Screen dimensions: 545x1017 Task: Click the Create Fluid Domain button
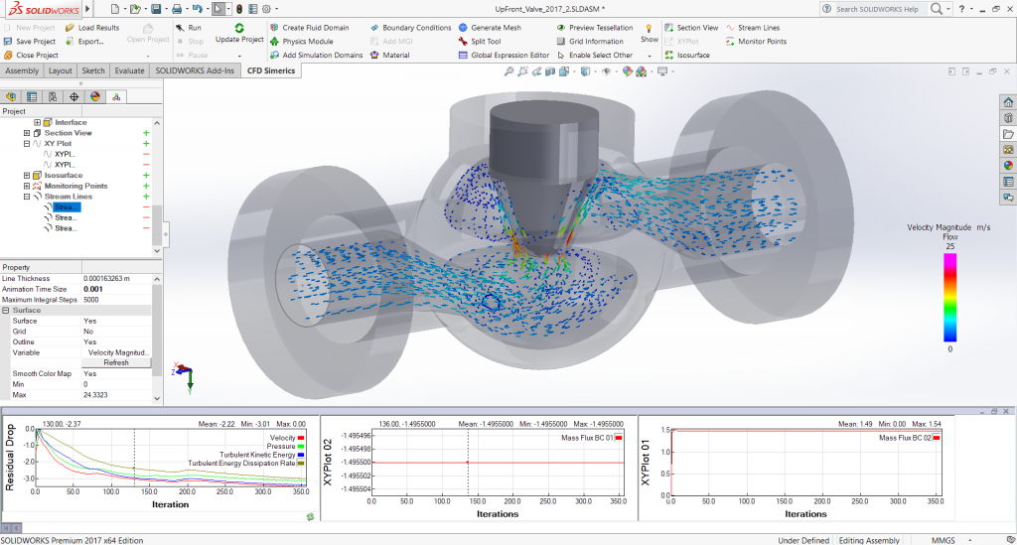(315, 28)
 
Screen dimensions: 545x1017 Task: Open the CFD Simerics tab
(271, 70)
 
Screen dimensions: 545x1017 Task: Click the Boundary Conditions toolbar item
(416, 28)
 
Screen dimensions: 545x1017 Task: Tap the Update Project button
(239, 34)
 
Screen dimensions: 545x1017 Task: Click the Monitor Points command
(762, 42)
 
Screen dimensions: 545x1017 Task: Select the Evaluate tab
(129, 70)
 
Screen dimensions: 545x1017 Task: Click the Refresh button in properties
(115, 362)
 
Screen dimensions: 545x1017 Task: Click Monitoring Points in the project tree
(75, 186)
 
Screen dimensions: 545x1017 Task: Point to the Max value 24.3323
(97, 395)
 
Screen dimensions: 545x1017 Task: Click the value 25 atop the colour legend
(949, 246)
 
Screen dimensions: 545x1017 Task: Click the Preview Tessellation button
(600, 28)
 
